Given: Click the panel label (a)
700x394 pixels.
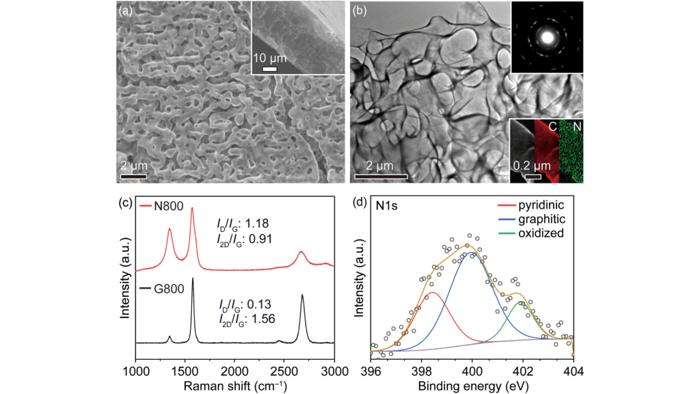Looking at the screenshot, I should click(127, 10).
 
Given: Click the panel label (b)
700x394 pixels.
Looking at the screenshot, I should click(360, 10).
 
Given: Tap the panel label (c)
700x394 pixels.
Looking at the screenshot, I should click(126, 203).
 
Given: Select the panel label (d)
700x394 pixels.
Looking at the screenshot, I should click(361, 203).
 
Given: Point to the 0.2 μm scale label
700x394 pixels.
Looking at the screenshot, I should click(526, 164).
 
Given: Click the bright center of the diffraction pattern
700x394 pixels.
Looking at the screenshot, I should click(547, 36).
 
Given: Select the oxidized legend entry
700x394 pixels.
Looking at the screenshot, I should click(531, 233).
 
